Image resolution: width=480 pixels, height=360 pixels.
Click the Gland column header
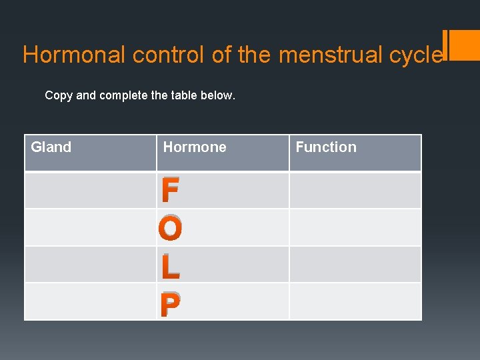[51, 147]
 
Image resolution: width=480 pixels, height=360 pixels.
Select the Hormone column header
[195, 147]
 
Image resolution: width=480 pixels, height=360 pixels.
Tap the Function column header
[326, 147]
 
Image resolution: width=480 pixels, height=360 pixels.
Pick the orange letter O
[171, 229]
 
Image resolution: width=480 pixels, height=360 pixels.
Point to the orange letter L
[170, 267]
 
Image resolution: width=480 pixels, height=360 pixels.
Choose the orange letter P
[170, 305]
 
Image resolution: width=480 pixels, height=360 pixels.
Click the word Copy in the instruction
[59, 95]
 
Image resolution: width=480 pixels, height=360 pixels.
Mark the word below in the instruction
[220, 95]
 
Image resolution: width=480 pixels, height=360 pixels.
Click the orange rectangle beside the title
[463, 45]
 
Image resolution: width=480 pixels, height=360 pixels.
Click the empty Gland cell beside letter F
[91, 191]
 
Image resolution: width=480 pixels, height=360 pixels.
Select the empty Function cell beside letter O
[355, 228]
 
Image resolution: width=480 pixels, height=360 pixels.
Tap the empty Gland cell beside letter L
[91, 265]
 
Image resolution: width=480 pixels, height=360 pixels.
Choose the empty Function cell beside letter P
[355, 302]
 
